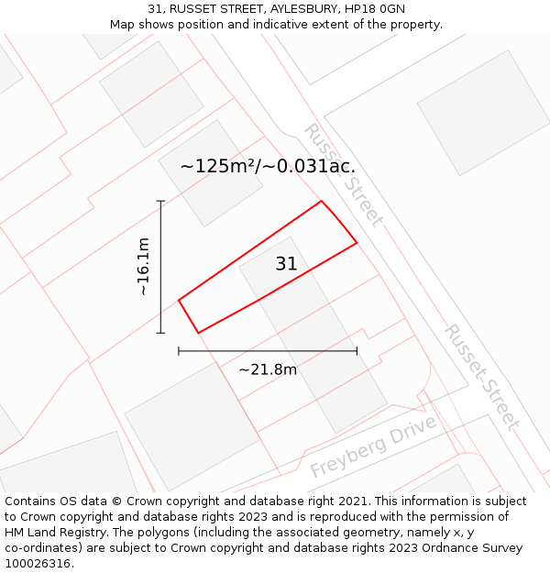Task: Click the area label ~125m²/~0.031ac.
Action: pos(268,167)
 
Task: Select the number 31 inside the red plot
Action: pos(286,264)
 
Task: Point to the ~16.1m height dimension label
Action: pos(143,267)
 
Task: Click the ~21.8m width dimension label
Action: pos(268,369)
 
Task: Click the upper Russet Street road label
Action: pos(343,174)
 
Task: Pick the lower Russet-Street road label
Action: pos(482,376)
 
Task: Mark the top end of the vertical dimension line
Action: pos(161,201)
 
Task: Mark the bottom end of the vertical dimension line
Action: pos(161,333)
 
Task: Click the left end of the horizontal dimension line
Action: pos(179,351)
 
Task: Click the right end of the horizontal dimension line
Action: pos(357,351)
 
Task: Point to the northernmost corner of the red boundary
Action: pos(321,201)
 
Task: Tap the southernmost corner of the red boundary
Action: pos(198,333)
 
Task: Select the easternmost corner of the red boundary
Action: pos(357,243)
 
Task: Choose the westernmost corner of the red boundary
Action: pos(179,300)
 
